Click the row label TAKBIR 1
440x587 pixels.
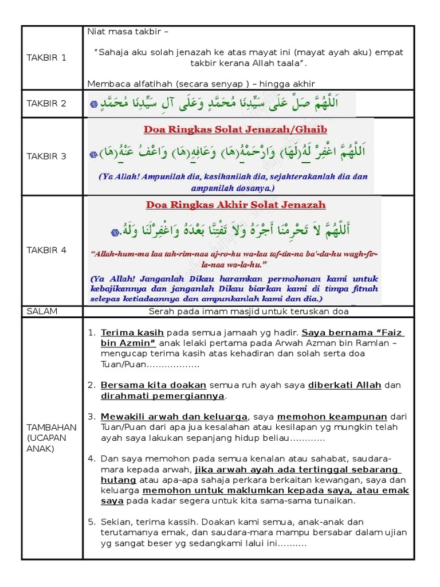tap(46, 57)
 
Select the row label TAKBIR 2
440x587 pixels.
tap(46, 103)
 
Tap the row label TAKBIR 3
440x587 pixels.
tap(46, 156)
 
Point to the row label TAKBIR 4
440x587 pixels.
tap(46, 250)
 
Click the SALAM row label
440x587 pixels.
tap(42, 311)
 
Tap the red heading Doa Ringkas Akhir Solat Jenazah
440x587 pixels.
tap(235, 205)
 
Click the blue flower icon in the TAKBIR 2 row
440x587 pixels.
tap(94, 104)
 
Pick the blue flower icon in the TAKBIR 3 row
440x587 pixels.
tap(93, 155)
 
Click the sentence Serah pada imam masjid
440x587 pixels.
tap(248, 311)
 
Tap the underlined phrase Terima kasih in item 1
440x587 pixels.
tap(132, 332)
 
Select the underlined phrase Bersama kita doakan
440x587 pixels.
tap(154, 385)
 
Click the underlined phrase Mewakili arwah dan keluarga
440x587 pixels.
tap(174, 416)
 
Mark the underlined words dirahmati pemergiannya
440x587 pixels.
tap(162, 396)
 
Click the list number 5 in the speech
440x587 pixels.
tap(91, 522)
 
